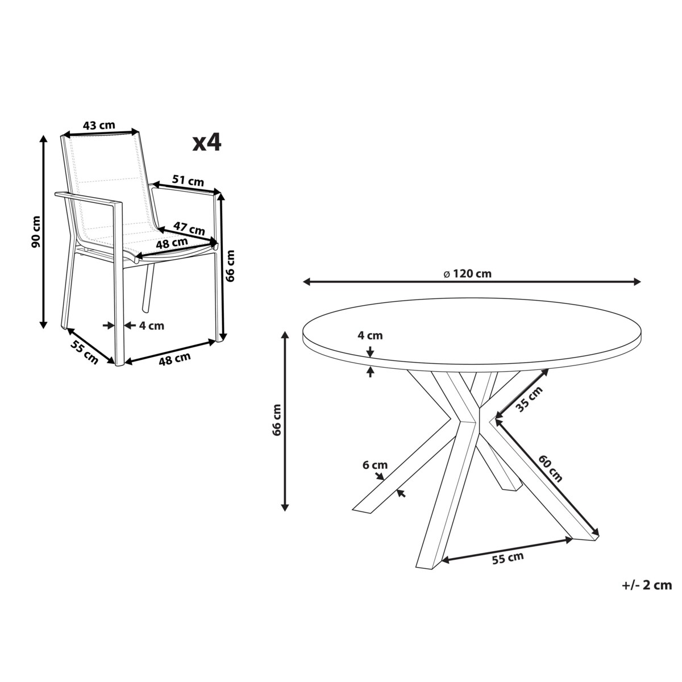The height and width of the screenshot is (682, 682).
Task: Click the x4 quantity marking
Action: click(207, 143)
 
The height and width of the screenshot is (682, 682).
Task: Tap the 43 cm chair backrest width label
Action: click(99, 125)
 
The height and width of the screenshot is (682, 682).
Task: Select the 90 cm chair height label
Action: click(37, 231)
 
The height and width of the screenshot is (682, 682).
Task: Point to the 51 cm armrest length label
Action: click(188, 181)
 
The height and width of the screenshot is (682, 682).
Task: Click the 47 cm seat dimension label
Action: click(189, 228)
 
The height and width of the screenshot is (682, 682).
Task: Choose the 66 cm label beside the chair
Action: click(230, 265)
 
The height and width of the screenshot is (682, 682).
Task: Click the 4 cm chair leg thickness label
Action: click(152, 326)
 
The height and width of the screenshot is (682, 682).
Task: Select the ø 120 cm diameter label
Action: click(468, 273)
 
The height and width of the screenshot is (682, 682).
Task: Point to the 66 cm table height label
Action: click(277, 420)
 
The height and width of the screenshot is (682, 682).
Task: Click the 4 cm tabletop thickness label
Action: click(370, 335)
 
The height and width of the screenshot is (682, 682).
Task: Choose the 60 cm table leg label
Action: click(551, 468)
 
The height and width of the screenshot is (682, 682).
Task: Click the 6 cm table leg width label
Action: click(375, 465)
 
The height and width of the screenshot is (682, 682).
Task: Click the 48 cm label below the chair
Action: click(174, 359)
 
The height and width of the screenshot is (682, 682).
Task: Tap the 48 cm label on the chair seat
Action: click(172, 243)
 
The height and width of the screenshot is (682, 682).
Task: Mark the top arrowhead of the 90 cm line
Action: click(43, 138)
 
